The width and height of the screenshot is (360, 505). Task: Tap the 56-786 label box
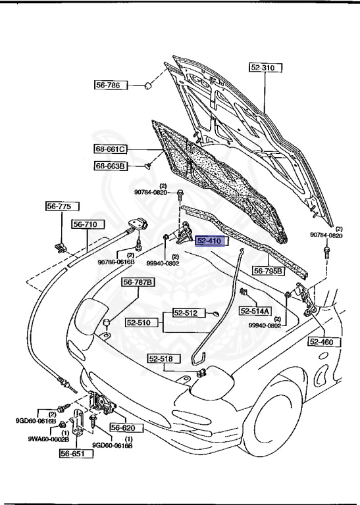(x=109, y=85)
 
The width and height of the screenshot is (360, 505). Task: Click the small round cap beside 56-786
(x=148, y=85)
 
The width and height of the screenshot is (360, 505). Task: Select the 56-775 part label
(x=58, y=206)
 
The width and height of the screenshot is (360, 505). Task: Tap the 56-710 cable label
(x=86, y=224)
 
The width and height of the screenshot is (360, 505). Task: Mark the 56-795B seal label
(x=269, y=271)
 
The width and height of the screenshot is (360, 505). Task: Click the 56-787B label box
(x=138, y=283)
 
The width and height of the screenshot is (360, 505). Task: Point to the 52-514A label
(x=255, y=311)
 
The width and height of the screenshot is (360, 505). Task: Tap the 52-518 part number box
(x=160, y=359)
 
